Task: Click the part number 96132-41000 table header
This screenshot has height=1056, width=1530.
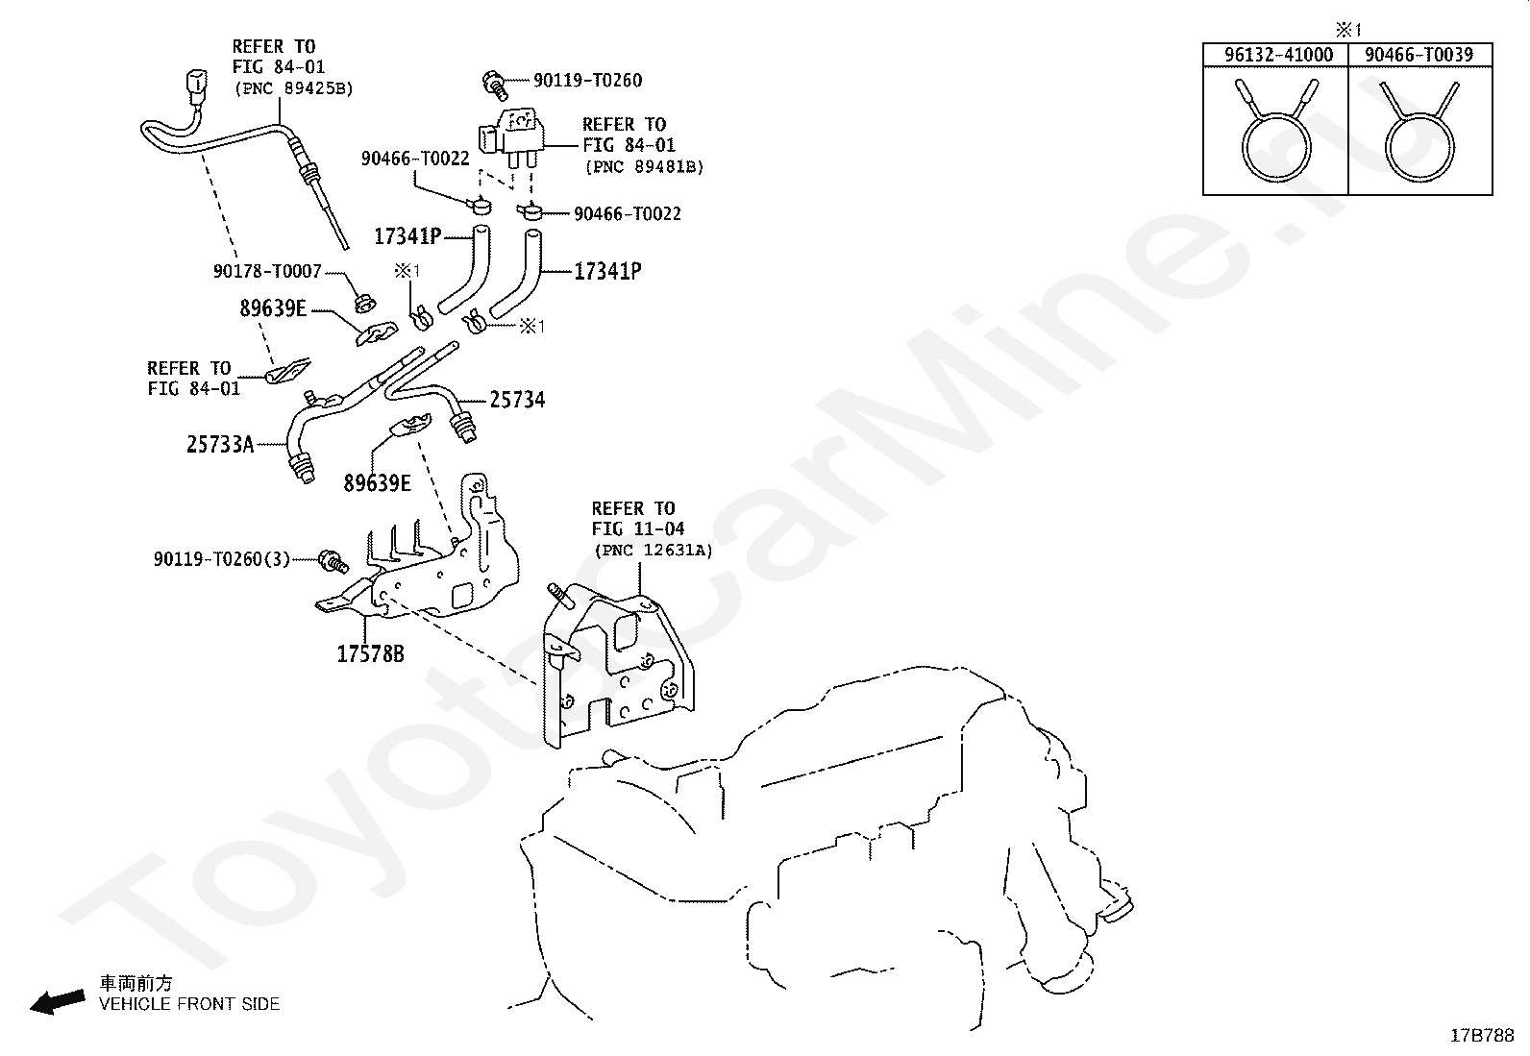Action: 1278,55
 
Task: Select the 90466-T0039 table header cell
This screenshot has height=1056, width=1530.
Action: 1419,55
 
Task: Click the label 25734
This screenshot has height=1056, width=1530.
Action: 517,400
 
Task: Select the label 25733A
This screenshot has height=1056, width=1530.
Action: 220,445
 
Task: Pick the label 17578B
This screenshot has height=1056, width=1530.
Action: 370,654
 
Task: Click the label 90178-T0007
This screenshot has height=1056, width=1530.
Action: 267,271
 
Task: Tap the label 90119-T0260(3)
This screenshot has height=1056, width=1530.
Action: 222,559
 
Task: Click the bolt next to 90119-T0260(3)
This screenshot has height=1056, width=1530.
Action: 334,561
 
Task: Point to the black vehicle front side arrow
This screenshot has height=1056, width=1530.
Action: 58,1001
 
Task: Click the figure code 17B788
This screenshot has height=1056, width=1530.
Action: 1482,1036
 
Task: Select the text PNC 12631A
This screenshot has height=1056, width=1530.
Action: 654,551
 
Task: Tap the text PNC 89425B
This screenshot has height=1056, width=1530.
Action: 294,88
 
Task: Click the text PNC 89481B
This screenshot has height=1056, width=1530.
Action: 644,167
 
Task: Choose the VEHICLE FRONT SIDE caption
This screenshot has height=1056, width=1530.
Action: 189,1004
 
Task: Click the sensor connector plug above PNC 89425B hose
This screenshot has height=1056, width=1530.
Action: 196,82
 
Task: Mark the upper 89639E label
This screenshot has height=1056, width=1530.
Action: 273,308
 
